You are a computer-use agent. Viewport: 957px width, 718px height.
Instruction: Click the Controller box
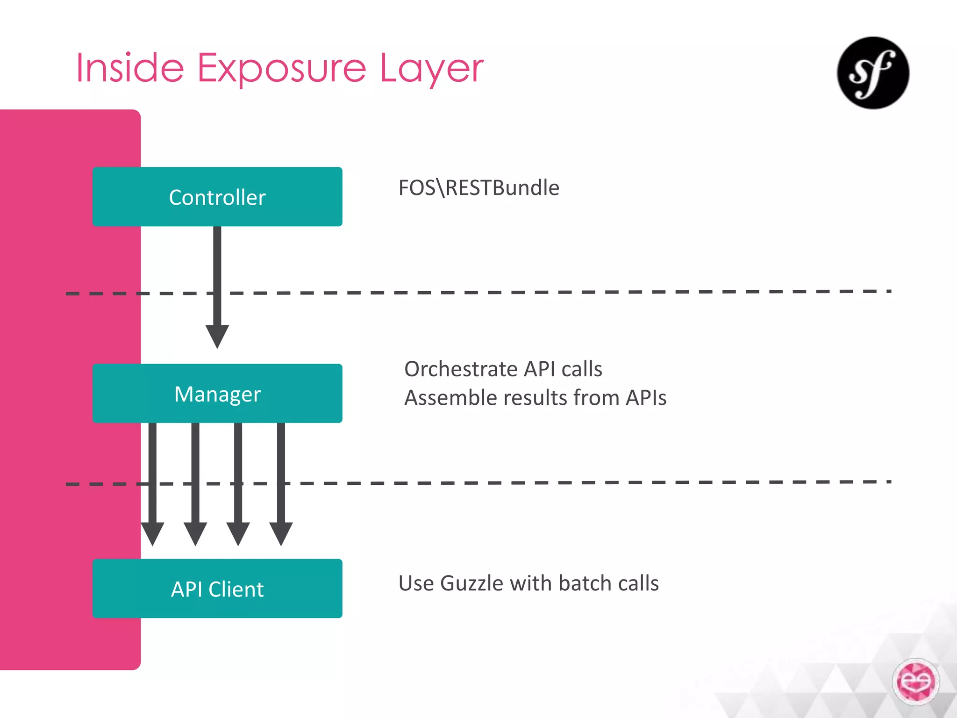[217, 197]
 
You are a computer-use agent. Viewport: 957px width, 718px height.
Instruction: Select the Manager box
[217, 394]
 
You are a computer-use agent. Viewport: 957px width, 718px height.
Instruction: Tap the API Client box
[217, 589]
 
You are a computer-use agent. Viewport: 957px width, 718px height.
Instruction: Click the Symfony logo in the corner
[873, 73]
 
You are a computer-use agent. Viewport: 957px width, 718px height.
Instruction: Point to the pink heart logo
[915, 682]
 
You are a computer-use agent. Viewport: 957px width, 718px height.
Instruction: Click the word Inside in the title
[130, 69]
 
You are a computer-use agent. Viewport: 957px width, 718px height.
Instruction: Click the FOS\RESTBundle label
[478, 188]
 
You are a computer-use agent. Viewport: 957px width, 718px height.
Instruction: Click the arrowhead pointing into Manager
[217, 336]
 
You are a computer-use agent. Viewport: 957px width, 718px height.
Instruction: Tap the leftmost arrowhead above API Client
[152, 533]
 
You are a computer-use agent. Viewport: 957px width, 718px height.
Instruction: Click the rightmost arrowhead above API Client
[281, 533]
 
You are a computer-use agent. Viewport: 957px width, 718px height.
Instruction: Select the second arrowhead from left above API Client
[195, 533]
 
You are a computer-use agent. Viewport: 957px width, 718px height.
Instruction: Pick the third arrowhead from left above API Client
[238, 533]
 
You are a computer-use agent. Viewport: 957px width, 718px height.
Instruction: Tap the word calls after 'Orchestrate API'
[582, 369]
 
